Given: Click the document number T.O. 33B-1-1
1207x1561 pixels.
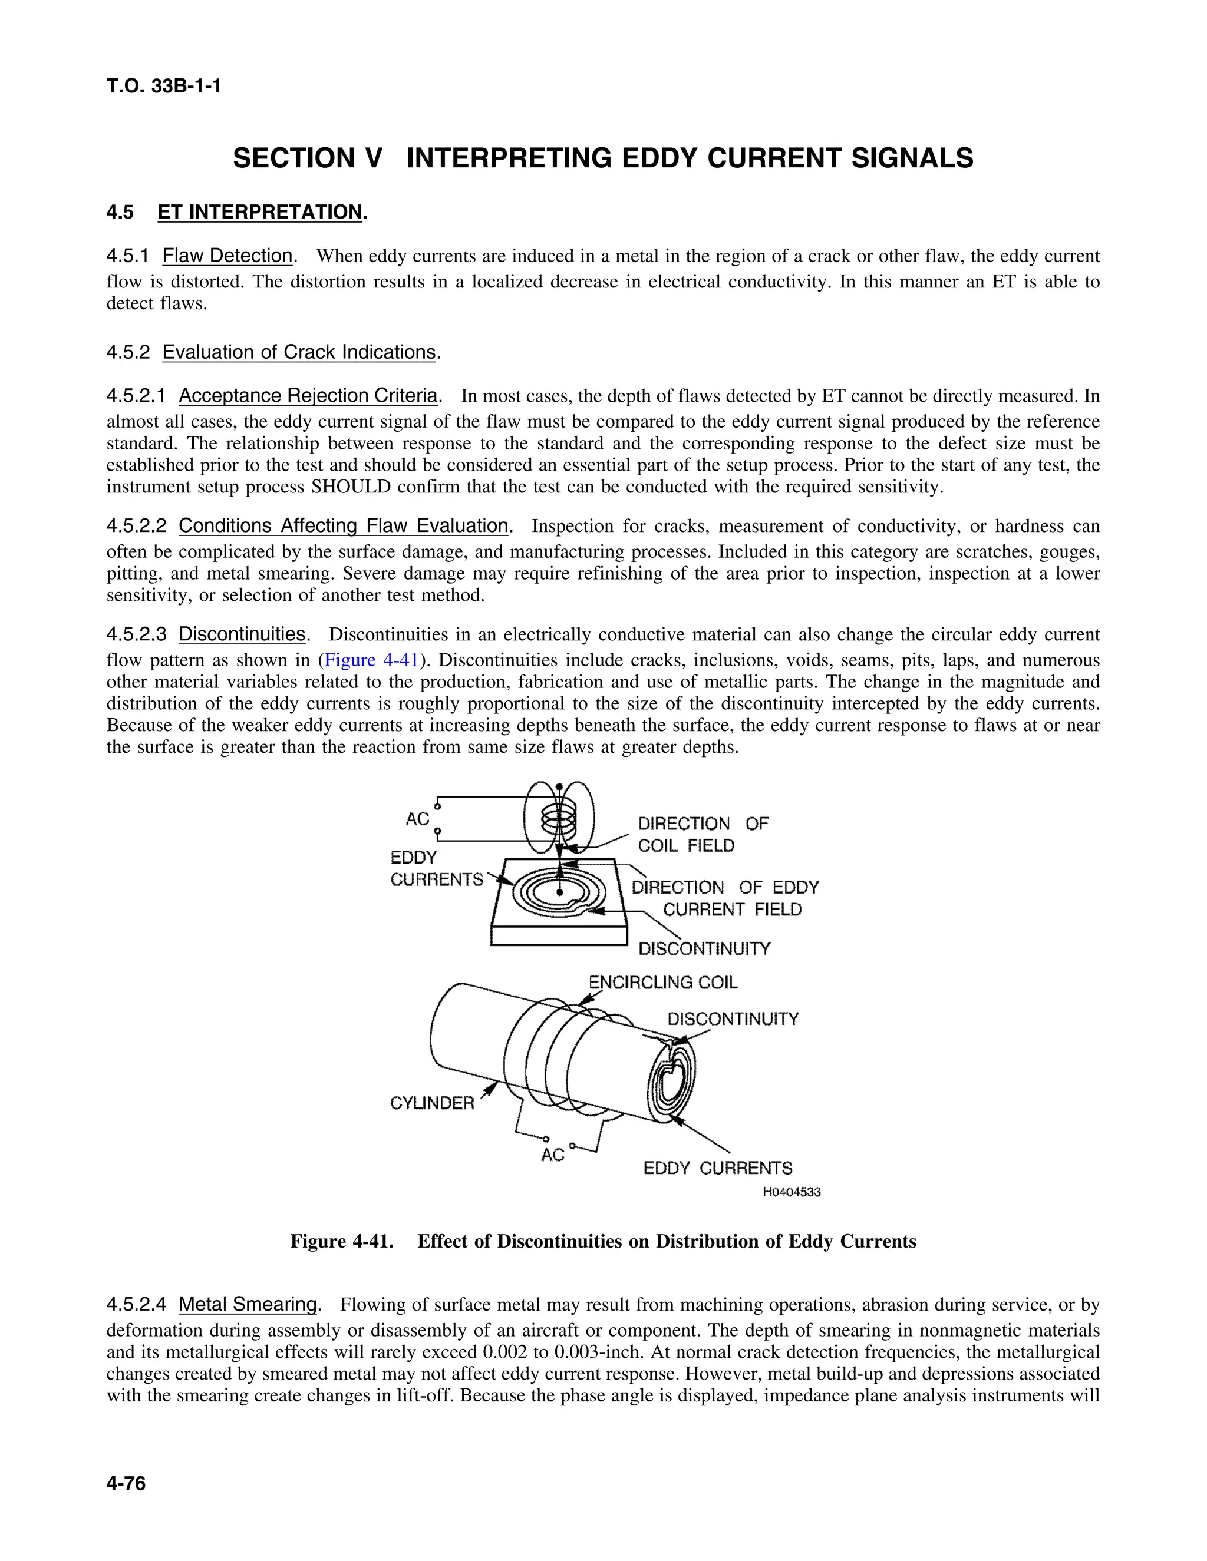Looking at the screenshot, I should tap(164, 87).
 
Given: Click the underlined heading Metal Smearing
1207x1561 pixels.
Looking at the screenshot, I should tap(248, 1304).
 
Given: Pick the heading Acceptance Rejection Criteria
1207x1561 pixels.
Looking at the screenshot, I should tap(308, 396).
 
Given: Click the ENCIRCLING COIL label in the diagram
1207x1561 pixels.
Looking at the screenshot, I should tap(663, 983).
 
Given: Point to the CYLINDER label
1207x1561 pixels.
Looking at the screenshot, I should tap(432, 1103).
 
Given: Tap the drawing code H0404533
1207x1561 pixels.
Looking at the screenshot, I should tap(792, 1192).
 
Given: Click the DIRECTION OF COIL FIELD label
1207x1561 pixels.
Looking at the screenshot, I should tap(702, 835).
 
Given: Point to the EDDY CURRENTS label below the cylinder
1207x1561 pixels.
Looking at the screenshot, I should tap(717, 1169).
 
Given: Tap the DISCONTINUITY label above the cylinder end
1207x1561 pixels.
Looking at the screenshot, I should tap(733, 1019).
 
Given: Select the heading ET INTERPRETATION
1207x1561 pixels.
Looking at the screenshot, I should tap(260, 212).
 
